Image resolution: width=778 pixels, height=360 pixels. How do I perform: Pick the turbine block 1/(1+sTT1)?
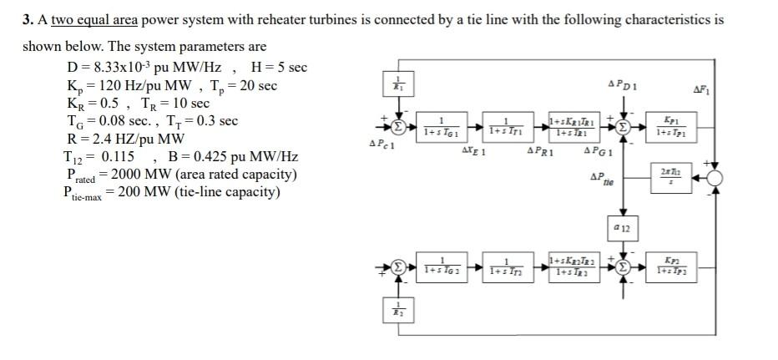point(506,128)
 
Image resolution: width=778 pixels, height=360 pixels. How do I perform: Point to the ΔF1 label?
point(701,88)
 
